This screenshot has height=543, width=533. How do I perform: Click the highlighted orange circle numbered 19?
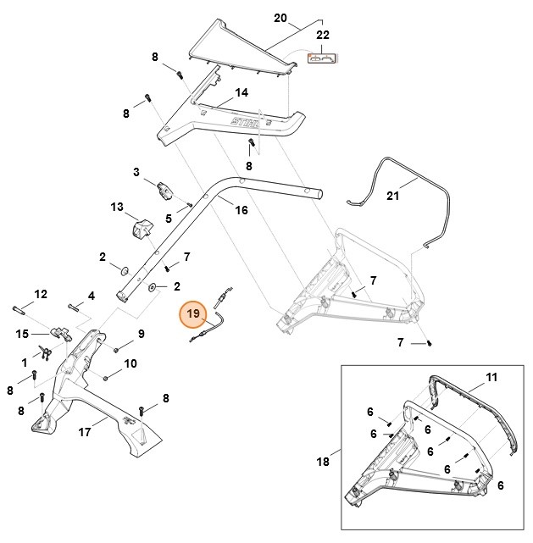[x=193, y=313]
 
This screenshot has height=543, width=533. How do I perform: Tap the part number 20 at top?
[x=281, y=18]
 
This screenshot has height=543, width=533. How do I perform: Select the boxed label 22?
[x=322, y=35]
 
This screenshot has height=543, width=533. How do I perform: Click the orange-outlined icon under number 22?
[x=322, y=59]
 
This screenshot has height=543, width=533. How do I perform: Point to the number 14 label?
[x=242, y=92]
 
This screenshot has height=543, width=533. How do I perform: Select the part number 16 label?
[x=242, y=209]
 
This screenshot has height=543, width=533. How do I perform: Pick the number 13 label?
[x=117, y=206]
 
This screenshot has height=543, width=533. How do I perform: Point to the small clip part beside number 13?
[x=141, y=227]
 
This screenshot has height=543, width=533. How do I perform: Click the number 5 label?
[x=168, y=219]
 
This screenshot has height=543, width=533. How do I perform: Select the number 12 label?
[x=41, y=294]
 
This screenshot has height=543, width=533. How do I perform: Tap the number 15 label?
[x=22, y=334]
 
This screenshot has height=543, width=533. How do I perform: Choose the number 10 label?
[x=130, y=363]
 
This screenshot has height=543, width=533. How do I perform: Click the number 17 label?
[x=85, y=432]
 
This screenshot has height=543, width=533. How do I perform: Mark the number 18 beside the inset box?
[x=322, y=462]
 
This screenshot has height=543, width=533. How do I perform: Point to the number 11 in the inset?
[x=491, y=376]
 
